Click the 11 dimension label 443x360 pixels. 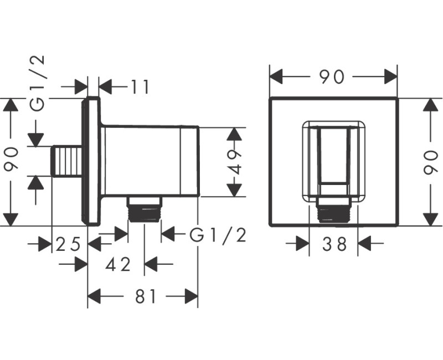click(x=140, y=87)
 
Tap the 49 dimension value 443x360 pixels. click(x=234, y=162)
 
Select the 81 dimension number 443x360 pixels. click(x=146, y=296)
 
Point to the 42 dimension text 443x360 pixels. click(x=118, y=265)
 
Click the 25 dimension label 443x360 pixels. click(x=68, y=244)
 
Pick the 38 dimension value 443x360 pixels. click(x=334, y=244)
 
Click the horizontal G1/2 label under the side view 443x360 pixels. click(x=218, y=235)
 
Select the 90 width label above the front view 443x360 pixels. click(x=332, y=77)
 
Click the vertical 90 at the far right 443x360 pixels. click(x=431, y=162)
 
